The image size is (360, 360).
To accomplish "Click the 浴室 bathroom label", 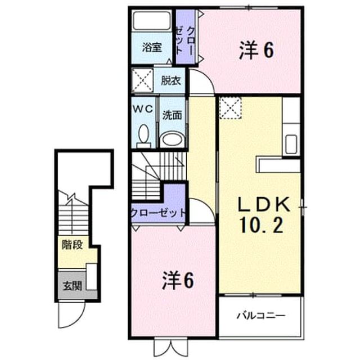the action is (152, 47).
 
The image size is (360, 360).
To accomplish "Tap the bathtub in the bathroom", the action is (152, 21).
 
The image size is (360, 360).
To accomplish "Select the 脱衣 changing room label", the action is (171, 80).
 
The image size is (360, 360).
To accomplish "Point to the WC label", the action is (143, 109).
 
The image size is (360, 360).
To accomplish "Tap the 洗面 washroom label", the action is (172, 115).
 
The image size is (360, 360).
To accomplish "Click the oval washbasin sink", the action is (172, 139).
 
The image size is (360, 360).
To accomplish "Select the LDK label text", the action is (264, 205).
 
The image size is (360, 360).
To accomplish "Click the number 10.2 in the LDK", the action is (261, 225).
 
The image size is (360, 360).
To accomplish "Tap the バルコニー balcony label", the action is (261, 316).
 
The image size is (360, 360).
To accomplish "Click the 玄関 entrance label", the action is (73, 286).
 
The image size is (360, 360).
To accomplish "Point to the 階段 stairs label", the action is (73, 245).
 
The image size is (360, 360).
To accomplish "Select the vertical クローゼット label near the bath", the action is (185, 41).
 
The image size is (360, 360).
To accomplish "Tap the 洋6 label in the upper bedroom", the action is (256, 51).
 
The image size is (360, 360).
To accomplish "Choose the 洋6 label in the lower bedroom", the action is (178, 280).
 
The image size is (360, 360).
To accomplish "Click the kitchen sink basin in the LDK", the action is (291, 144).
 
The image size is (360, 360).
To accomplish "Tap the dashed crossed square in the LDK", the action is (230, 108).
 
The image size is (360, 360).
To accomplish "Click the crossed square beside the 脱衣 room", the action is (142, 80).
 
